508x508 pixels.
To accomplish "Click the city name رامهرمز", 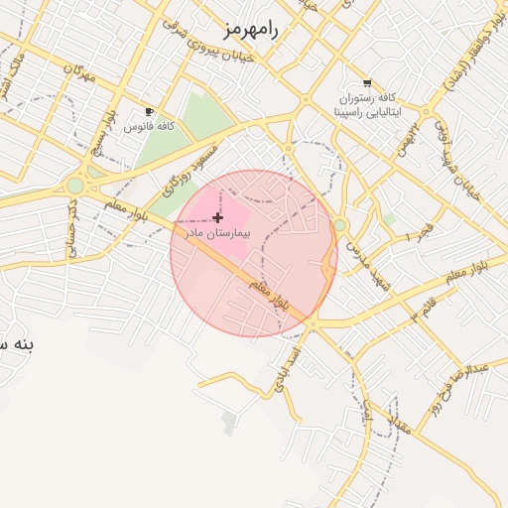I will tap(253, 29).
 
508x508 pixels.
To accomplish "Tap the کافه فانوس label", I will tap(150, 127).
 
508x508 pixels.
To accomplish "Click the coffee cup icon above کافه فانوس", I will tap(150, 112).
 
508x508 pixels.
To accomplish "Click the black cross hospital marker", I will tap(218, 216).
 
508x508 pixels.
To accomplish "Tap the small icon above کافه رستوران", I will tap(368, 83).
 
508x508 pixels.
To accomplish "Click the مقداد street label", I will tap(402, 428).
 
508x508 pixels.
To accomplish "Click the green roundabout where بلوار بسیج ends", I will tap(75, 186).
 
